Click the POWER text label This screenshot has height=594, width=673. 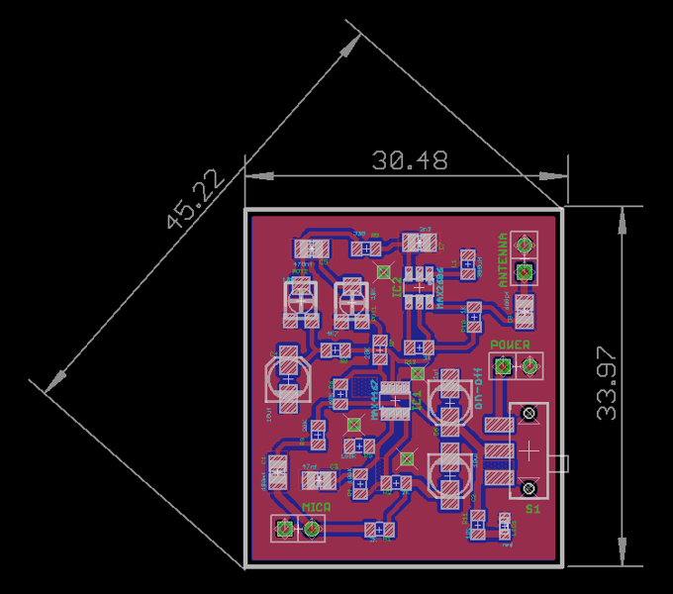point(510,345)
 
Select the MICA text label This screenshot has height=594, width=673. point(315,508)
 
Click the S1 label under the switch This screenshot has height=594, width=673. point(532,509)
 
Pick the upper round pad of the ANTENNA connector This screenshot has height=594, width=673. point(525,245)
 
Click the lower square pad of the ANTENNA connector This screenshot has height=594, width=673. point(525,270)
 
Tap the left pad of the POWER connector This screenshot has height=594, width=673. point(504,367)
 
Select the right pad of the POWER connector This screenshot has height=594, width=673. point(529,367)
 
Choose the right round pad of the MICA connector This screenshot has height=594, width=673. point(311,530)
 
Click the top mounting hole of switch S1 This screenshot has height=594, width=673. point(529,413)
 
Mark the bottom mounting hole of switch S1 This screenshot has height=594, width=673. point(529,487)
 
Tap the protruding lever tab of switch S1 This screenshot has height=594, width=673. point(561,462)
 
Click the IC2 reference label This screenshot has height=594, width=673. point(396,287)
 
